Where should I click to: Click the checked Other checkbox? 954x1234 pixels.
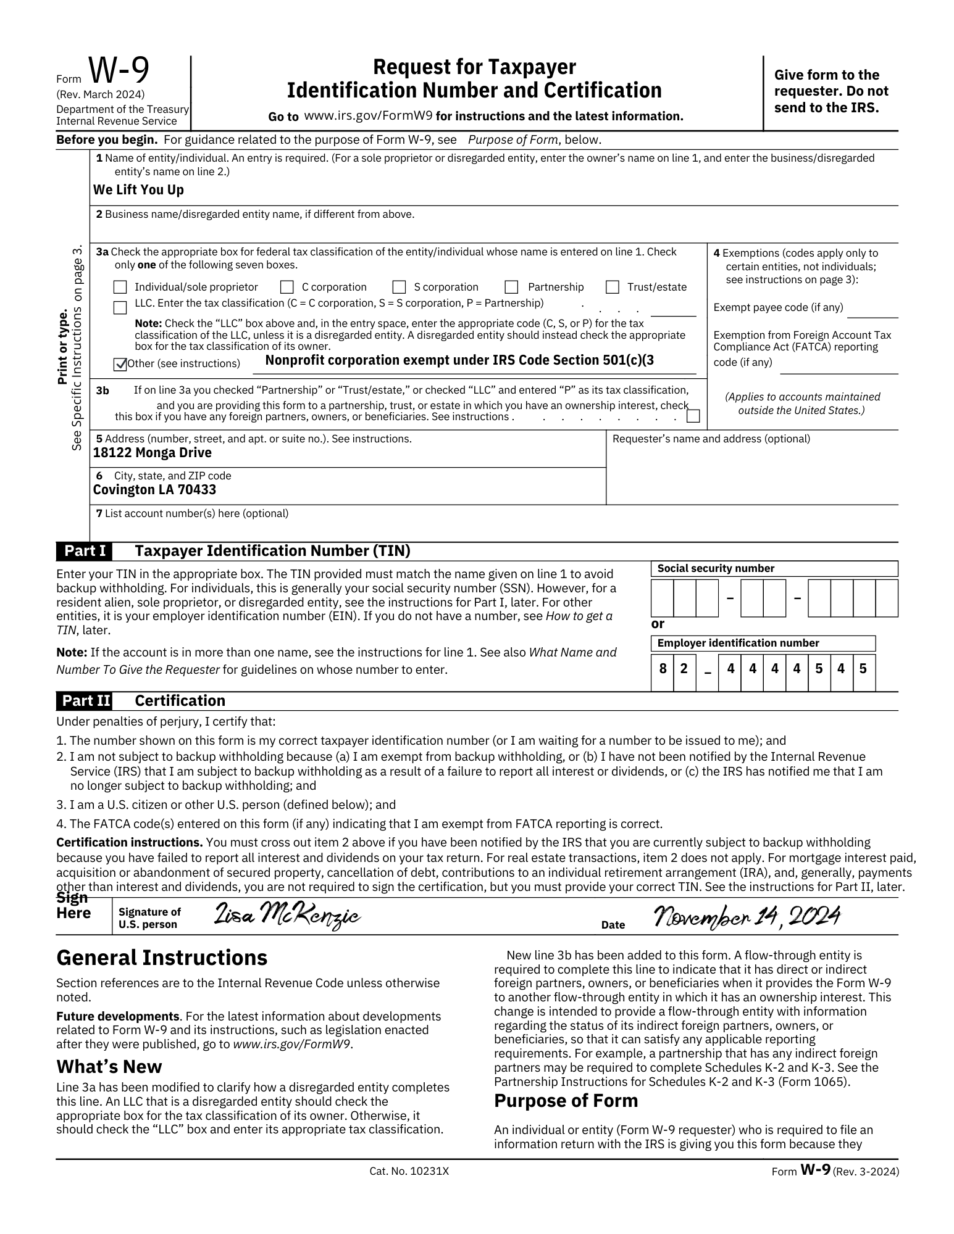coord(120,364)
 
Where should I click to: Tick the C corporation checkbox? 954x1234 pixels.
coord(287,287)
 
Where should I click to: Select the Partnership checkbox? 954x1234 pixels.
coord(511,287)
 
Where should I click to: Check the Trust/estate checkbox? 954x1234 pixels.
coord(613,287)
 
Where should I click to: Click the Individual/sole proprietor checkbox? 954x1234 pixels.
coord(120,287)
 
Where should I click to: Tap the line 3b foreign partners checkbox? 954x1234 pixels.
coord(693,416)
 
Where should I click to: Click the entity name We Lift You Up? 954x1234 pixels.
coord(138,190)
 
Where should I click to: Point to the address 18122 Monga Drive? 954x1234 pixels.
coord(152,453)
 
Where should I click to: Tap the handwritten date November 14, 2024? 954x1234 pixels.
coord(746,916)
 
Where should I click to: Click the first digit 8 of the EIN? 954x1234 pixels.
coord(662,668)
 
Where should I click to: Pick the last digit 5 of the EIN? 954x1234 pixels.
coord(863,668)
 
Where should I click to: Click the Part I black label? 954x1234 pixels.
coord(85,550)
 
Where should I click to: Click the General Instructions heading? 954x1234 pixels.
coord(162,958)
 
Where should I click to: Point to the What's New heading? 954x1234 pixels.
coord(109,1067)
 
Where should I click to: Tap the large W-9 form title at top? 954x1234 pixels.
coord(119,72)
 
